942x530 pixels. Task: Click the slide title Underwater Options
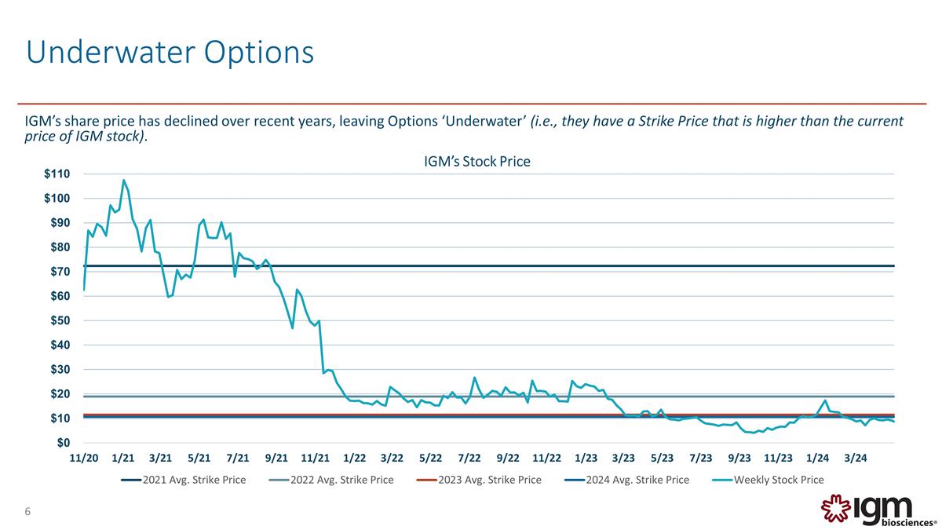[170, 52]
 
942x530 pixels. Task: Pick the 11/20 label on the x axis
[84, 458]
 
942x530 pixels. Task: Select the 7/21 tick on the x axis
[238, 458]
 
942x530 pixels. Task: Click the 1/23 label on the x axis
[586, 458]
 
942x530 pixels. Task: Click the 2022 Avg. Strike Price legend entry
[331, 480]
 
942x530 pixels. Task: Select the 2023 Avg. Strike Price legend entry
[479, 480]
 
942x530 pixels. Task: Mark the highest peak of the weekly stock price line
[124, 181]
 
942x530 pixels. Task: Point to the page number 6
[27, 513]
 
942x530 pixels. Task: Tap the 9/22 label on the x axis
[508, 458]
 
